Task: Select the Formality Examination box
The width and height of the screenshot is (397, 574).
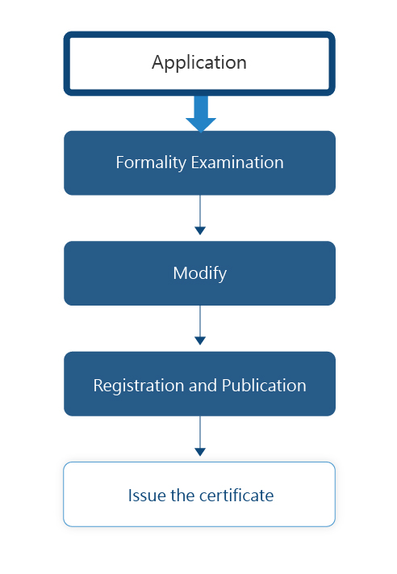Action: coord(199,162)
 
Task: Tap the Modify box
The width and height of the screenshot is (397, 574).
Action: coord(199,273)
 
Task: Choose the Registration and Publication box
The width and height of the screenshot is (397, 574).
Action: coord(199,384)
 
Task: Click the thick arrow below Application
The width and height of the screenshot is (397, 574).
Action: coord(201,114)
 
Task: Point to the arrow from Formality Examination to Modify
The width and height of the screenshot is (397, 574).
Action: coord(200,215)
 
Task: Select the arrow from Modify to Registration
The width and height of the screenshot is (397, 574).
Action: coord(200,325)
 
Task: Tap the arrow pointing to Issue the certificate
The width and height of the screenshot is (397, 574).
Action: coord(200,436)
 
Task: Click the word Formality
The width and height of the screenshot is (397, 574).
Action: coord(151,162)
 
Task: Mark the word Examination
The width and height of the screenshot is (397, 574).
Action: coord(237,162)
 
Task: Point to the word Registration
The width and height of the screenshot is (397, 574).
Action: coord(139,386)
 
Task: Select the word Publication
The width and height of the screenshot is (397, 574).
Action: coord(264,385)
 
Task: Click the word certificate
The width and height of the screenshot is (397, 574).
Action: coord(236,496)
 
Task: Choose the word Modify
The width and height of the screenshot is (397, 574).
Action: coord(200,274)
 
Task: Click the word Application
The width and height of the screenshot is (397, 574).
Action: coord(199,62)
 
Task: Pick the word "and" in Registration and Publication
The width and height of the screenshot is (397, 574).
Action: coord(203,385)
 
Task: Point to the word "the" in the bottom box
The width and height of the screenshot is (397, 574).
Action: coord(182,496)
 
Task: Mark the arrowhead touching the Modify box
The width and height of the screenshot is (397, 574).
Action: coord(200,230)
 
